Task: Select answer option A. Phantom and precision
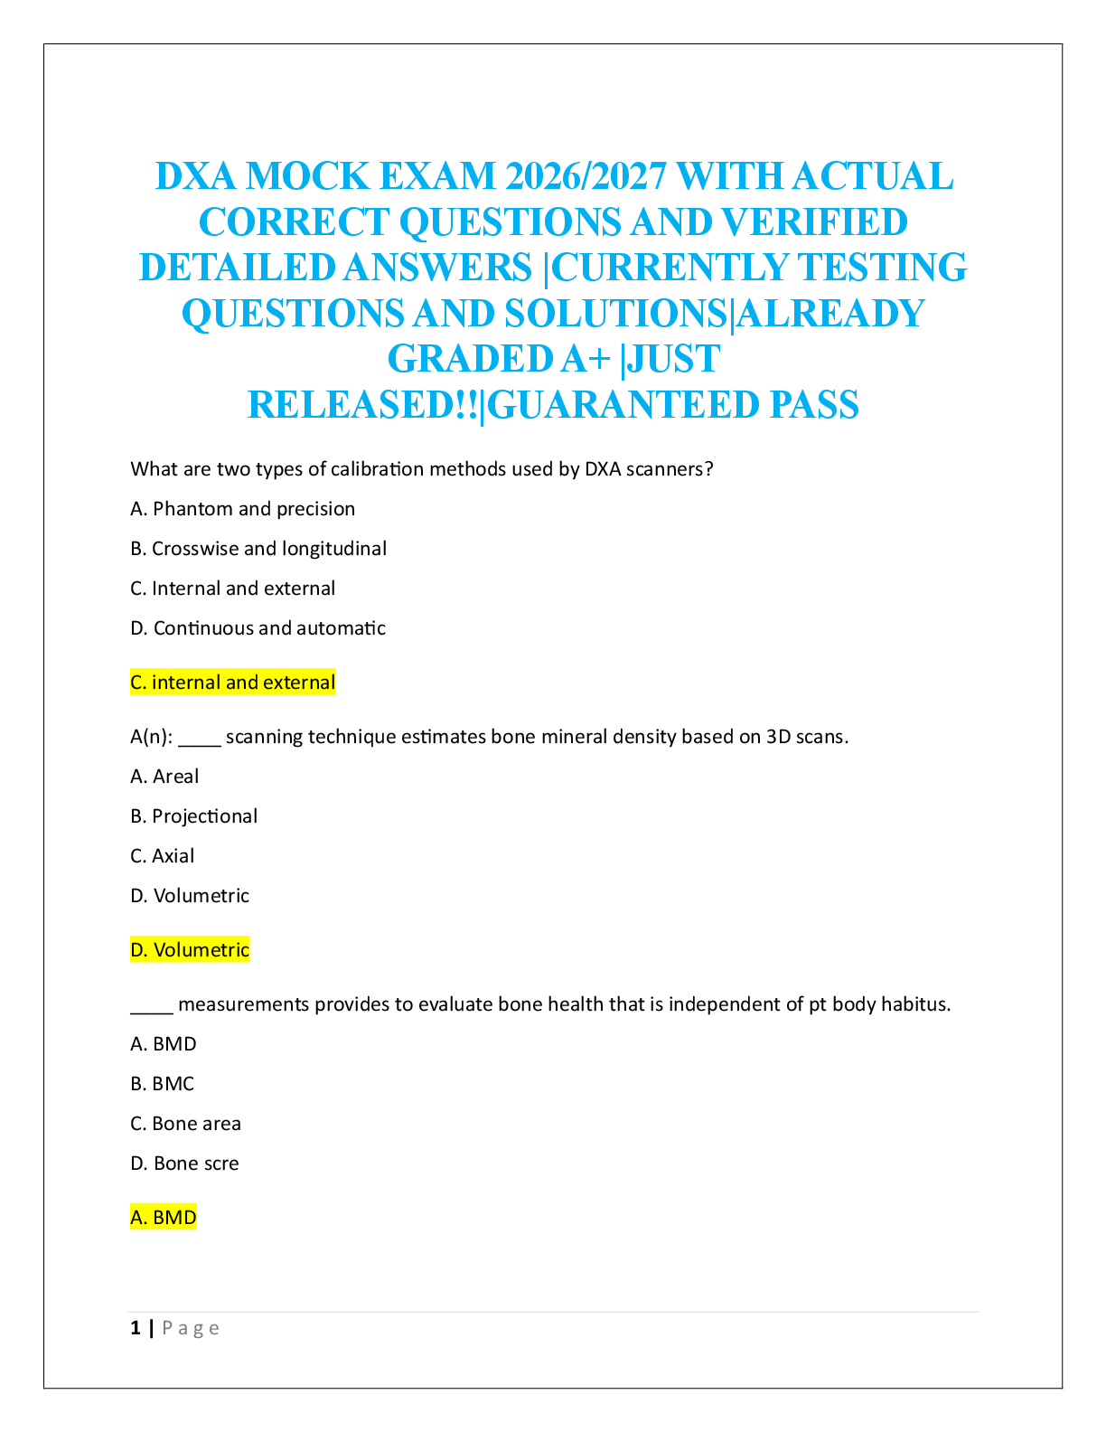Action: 242,509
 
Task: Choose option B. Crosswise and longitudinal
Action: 258,549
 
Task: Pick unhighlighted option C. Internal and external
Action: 232,589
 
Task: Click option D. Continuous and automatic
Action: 258,628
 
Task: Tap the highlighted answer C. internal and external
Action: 232,683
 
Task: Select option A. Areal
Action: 164,777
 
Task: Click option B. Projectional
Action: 193,816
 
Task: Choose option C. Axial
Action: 163,856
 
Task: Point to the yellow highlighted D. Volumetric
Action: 190,950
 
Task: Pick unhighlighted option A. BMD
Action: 164,1044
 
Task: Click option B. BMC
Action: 163,1084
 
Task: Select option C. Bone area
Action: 185,1124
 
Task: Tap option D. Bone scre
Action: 184,1163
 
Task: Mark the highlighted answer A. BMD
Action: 164,1218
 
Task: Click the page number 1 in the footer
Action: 136,1328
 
